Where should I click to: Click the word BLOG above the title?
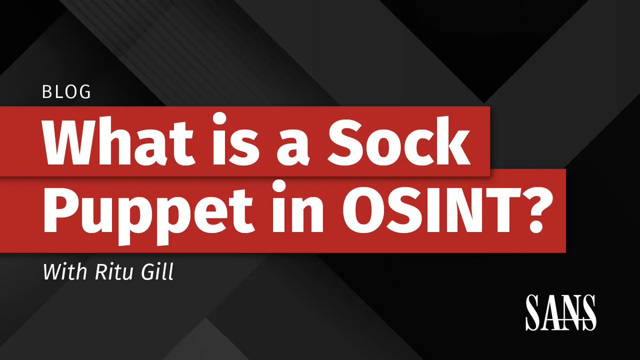pos(66,92)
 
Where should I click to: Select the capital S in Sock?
pos(353,141)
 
